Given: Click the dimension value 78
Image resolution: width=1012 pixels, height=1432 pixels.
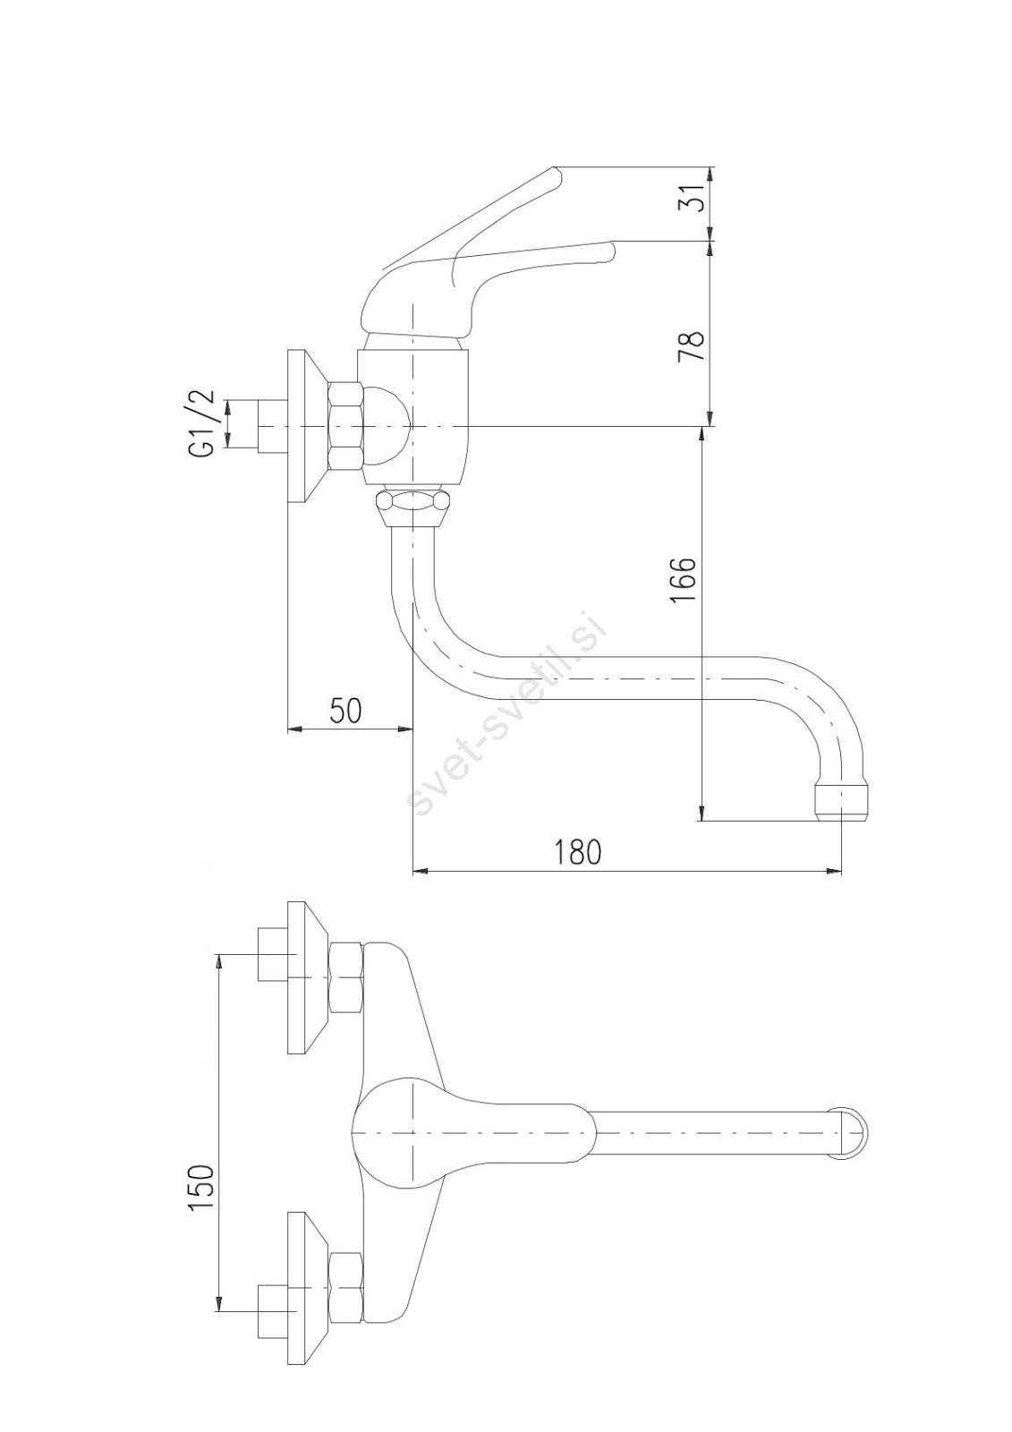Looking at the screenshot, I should pos(691,345).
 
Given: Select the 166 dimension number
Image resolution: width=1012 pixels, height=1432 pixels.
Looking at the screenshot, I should pos(684,580).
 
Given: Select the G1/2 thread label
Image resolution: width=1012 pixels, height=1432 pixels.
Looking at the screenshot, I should pos(202,422).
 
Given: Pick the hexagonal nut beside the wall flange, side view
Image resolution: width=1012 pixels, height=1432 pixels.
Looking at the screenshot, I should pos(346,426).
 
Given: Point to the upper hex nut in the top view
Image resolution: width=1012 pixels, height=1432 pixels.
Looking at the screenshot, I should pos(345,978).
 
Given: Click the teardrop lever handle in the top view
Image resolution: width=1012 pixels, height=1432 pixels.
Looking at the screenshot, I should pos(465,1133).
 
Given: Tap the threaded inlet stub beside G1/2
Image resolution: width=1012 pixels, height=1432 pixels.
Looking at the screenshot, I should pos(271,426).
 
